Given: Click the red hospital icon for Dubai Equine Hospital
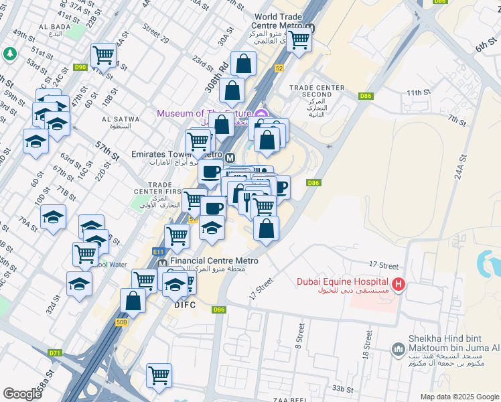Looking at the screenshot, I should click(399, 285).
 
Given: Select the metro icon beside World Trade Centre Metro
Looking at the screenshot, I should click(309, 28).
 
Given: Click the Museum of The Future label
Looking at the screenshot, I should click(204, 113).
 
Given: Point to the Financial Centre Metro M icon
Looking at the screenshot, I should click(163, 264).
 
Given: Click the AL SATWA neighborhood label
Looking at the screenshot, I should click(121, 123).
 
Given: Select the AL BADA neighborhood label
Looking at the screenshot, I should click(46, 27).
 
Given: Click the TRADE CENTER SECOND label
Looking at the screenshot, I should click(317, 92).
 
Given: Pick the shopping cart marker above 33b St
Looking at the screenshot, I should click(159, 375).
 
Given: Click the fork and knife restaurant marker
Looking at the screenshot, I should click(247, 199).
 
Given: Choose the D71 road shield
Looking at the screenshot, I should click(55, 352).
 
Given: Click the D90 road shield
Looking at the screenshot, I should click(80, 67).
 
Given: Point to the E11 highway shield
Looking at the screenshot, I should click(158, 251).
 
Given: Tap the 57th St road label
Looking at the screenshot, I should click(106, 151).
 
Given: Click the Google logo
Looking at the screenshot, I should click(23, 393).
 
